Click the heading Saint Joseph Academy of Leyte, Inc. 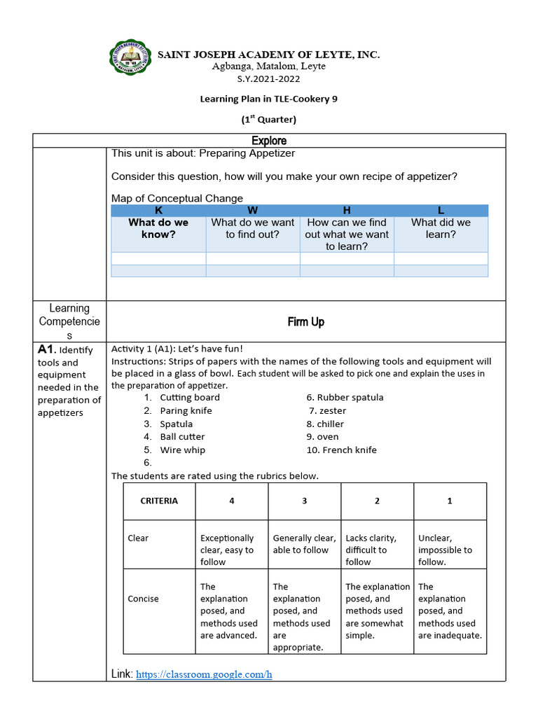tap(269, 55)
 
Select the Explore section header tap(269, 141)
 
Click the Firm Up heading tap(305, 322)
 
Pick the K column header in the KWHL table tap(158, 210)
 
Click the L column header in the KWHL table tap(441, 210)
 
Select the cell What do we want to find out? tap(253, 228)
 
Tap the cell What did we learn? tap(441, 228)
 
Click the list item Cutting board tap(189, 397)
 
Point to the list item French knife tap(342, 450)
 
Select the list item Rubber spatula tap(345, 397)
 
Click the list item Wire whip tap(182, 450)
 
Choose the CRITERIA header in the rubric tap(159, 501)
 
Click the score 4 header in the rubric tap(231, 501)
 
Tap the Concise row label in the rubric tap(143, 599)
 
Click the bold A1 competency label tap(46, 349)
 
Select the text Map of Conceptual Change tap(177, 198)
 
